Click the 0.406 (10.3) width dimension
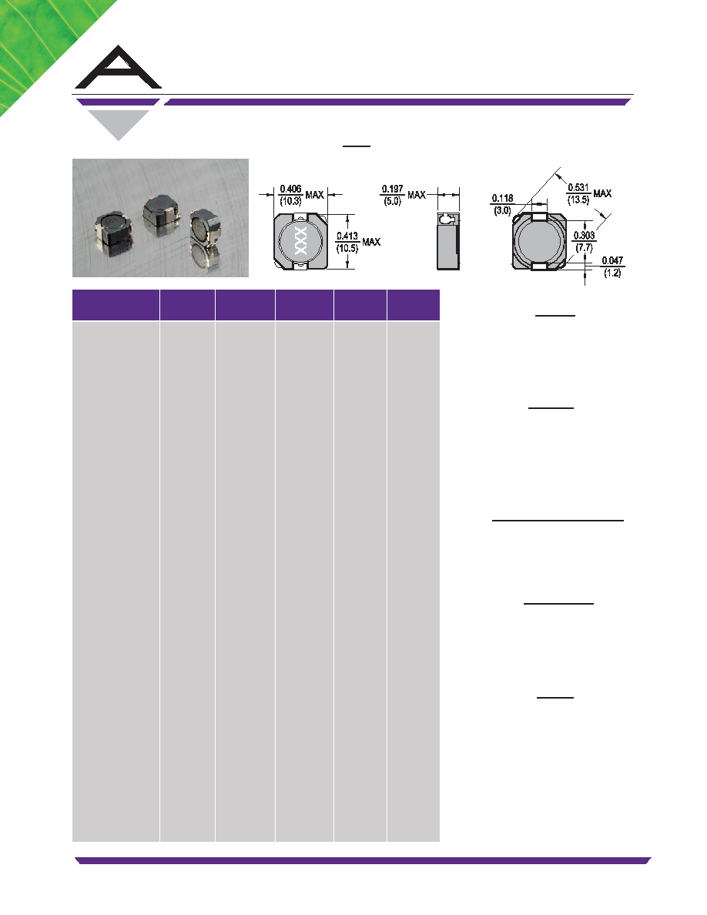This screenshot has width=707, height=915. click(290, 195)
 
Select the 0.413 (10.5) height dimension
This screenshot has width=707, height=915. click(347, 242)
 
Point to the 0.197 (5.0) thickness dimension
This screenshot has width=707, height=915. click(393, 195)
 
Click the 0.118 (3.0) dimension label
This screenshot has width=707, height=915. click(502, 204)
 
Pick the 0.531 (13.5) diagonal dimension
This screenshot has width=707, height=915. click(578, 193)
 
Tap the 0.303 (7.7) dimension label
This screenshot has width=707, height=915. click(584, 242)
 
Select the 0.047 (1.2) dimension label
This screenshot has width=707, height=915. click(612, 266)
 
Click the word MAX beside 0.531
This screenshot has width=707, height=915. click(602, 193)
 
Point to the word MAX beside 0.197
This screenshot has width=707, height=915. click(417, 195)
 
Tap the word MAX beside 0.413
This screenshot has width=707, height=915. click(371, 242)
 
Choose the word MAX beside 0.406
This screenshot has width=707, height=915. click(314, 195)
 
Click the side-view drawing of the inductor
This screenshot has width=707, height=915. click(448, 241)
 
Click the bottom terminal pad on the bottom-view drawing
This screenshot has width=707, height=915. click(540, 266)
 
